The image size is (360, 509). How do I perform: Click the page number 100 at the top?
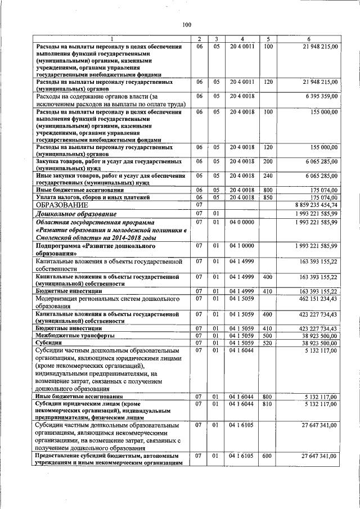(187, 24)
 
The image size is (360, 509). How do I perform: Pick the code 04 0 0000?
(241, 222)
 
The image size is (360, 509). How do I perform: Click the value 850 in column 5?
(268, 198)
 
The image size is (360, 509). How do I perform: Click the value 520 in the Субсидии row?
(268, 342)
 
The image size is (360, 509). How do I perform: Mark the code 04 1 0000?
(241, 246)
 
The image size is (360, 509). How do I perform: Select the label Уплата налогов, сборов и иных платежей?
(93, 198)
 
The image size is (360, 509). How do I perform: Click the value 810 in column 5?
(268, 404)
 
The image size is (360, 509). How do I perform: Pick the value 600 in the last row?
(268, 456)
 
